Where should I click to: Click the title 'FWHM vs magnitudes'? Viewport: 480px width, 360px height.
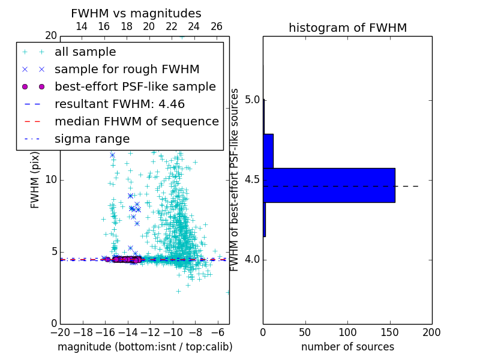click(x=136, y=13)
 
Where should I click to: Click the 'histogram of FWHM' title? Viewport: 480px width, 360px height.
click(x=347, y=28)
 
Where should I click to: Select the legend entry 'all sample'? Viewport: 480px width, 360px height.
click(x=85, y=52)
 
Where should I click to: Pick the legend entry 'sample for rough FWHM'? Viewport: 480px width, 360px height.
click(x=127, y=69)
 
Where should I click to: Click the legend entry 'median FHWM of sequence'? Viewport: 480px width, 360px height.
click(x=136, y=121)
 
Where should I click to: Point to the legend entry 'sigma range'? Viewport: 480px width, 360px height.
click(x=92, y=139)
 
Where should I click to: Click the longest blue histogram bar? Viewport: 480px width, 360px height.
click(x=329, y=185)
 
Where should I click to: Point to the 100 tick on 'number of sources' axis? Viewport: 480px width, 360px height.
click(x=347, y=332)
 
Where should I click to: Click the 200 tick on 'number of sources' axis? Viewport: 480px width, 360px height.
click(x=431, y=332)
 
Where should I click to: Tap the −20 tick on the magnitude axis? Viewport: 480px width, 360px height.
click(x=60, y=332)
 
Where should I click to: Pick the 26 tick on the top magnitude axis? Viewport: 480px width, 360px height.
click(x=217, y=26)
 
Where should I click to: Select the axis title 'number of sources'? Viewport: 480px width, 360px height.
click(x=347, y=347)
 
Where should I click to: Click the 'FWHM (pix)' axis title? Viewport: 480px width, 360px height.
click(x=35, y=180)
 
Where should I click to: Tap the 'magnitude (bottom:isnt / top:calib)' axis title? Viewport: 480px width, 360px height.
click(x=145, y=347)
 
